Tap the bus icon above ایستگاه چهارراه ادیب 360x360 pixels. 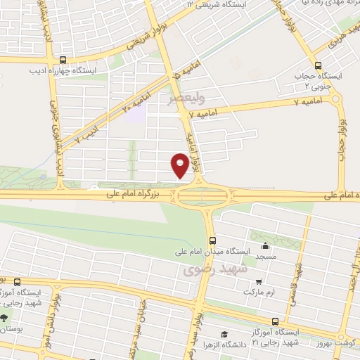(x=63, y=60)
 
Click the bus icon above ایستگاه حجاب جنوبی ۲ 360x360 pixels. (x=318, y=63)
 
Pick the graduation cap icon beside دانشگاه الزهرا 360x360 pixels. (x=224, y=335)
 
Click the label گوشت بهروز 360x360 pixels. (x=337, y=341)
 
